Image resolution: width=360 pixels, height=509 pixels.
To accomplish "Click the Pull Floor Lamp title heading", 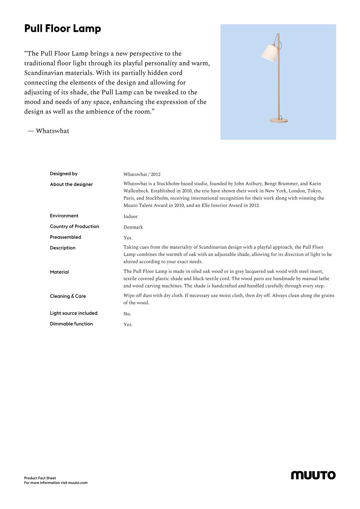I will pyautogui.click(x=63, y=29).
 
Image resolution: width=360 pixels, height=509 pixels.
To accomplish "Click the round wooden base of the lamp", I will pyautogui.click(x=278, y=120).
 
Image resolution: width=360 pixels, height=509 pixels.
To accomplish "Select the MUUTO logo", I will pyautogui.click(x=313, y=475).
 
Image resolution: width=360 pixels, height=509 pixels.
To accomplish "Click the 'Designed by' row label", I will pyautogui.click(x=64, y=174).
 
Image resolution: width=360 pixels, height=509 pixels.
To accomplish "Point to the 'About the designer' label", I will pyautogui.click(x=71, y=184).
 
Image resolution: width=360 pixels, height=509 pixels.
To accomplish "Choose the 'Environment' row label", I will pyautogui.click(x=64, y=216).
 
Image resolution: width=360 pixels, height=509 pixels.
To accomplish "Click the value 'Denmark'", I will pyautogui.click(x=133, y=227).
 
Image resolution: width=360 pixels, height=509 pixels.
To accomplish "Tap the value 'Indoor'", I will pyautogui.click(x=130, y=216).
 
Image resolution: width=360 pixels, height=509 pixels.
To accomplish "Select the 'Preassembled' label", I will pyautogui.click(x=65, y=237).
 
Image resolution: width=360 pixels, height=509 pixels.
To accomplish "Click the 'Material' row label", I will pyautogui.click(x=59, y=272).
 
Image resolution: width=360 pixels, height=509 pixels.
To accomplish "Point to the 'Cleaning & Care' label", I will pyautogui.click(x=68, y=296).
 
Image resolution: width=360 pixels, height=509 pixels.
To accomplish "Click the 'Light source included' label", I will pyautogui.click(x=74, y=313).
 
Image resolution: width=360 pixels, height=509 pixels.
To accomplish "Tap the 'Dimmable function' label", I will pyautogui.click(x=71, y=324).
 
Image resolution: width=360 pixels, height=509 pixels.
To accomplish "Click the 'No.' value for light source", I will pyautogui.click(x=127, y=314).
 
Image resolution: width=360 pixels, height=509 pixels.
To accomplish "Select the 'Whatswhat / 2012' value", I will pyautogui.click(x=142, y=174).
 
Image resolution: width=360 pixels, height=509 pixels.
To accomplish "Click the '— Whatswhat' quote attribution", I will pyautogui.click(x=48, y=131).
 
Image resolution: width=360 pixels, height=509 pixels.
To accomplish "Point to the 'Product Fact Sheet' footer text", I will pyautogui.click(x=40, y=478).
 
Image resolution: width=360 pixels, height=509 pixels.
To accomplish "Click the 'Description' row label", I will pyautogui.click(x=63, y=248).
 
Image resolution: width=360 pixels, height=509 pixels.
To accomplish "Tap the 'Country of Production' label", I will pyautogui.click(x=74, y=226).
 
